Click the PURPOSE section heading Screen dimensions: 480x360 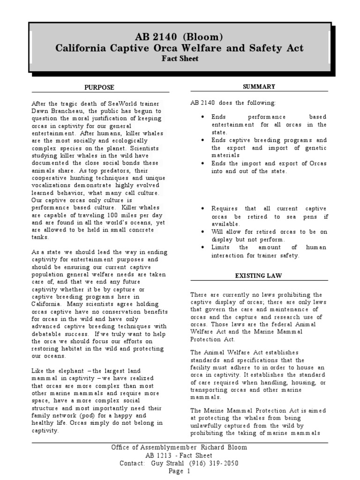pyautogui.click(x=99, y=87)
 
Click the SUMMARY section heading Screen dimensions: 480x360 pyautogui.click(x=259, y=87)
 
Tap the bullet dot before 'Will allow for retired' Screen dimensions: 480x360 pyautogui.click(x=202, y=232)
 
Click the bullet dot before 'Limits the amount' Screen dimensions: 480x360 pyautogui.click(x=202, y=247)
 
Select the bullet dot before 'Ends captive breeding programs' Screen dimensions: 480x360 pyautogui.click(x=202, y=140)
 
